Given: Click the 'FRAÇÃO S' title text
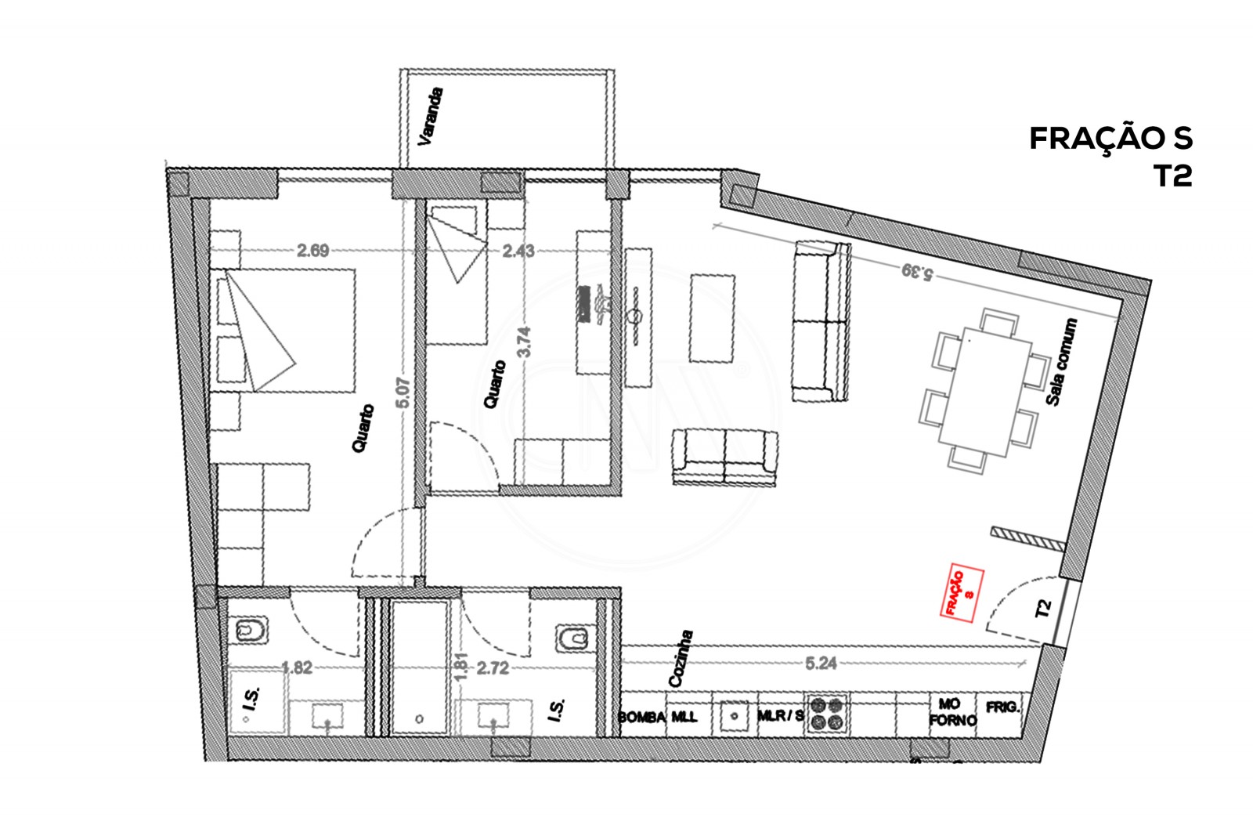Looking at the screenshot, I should [x=1110, y=138].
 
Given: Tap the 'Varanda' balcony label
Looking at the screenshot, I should [x=431, y=118].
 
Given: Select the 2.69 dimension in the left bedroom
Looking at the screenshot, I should [x=312, y=251].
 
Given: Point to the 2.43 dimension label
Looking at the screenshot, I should [x=518, y=251].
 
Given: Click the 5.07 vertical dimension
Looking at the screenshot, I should [x=403, y=392].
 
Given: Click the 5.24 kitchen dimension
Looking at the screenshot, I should [x=821, y=664].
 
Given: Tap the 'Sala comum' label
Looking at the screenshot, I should [x=1063, y=362].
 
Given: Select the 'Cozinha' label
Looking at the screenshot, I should [x=678, y=658].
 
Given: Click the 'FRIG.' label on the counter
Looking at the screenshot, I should [x=1003, y=707].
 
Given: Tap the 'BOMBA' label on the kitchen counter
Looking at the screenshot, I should [x=641, y=717].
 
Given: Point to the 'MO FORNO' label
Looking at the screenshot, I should [x=953, y=712].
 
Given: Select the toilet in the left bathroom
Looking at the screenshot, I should [x=251, y=631].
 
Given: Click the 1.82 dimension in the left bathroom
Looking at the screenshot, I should [x=297, y=668].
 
